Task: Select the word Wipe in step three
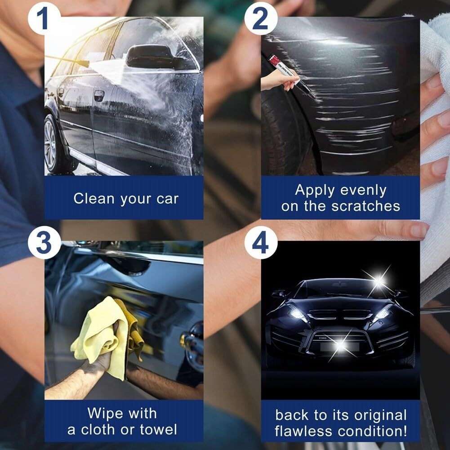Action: tap(105, 413)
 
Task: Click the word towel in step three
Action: tap(159, 430)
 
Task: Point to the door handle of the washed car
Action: tap(99, 96)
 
